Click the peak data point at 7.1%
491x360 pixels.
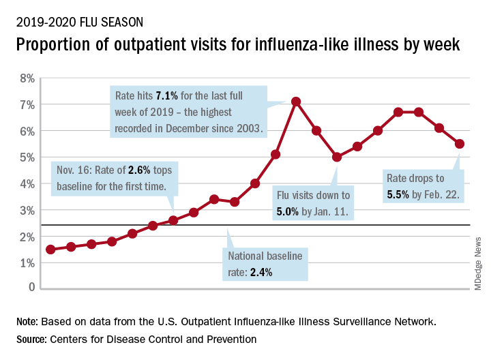pyautogui.click(x=296, y=102)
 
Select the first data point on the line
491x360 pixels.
pyautogui.click(x=50, y=249)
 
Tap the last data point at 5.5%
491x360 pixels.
pyautogui.click(x=460, y=143)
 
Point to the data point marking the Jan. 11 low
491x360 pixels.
pyautogui.click(x=337, y=157)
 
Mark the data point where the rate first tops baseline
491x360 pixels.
pyautogui.click(x=173, y=220)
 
